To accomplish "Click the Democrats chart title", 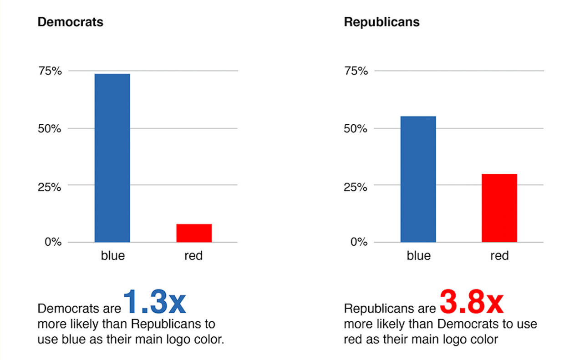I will tap(70, 22).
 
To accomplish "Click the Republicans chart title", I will tap(381, 22).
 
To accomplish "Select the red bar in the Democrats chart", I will tap(194, 233).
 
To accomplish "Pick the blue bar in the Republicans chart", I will tap(418, 179).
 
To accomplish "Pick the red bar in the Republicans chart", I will tap(499, 208).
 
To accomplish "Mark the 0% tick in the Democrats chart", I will tap(52, 242).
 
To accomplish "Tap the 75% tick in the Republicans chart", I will tap(355, 71).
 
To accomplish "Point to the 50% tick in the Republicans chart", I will tap(355, 129).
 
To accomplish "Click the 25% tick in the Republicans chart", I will tap(355, 186).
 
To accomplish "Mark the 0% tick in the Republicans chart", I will tap(359, 242).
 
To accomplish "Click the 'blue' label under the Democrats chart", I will tap(112, 256).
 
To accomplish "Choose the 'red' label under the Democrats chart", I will tap(193, 256).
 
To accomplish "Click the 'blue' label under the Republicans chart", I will tap(418, 256).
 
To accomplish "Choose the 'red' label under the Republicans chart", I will tap(499, 256).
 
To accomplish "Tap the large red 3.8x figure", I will tap(471, 302).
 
